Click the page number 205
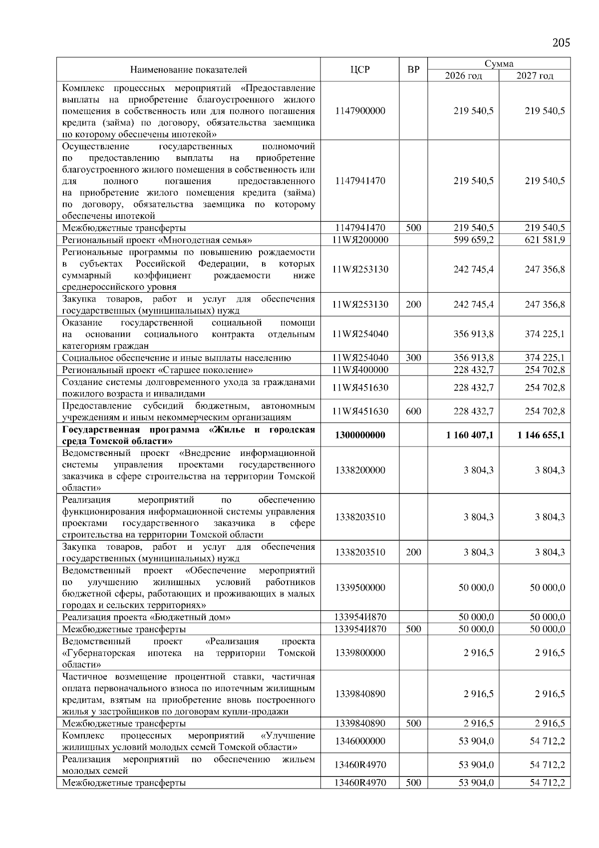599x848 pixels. [561, 43]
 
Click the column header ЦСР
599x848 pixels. [360, 70]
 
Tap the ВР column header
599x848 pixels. [413, 70]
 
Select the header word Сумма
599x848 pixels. [499, 64]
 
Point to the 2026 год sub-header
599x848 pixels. [463, 76]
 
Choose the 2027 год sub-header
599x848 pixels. [535, 76]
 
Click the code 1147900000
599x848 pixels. [360, 111]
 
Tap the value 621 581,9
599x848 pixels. [545, 240]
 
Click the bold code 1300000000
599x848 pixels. [360, 435]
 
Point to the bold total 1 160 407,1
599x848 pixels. [470, 435]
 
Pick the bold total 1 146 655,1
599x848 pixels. [541, 435]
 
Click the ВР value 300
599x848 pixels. [413, 358]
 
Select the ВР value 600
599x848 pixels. [413, 412]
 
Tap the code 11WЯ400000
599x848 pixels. [360, 370]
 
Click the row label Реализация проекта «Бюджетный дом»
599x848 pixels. [146, 617]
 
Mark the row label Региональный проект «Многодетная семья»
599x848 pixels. [157, 240]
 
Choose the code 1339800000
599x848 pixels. [360, 653]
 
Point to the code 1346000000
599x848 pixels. [360, 741]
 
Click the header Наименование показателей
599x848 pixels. [189, 70]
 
